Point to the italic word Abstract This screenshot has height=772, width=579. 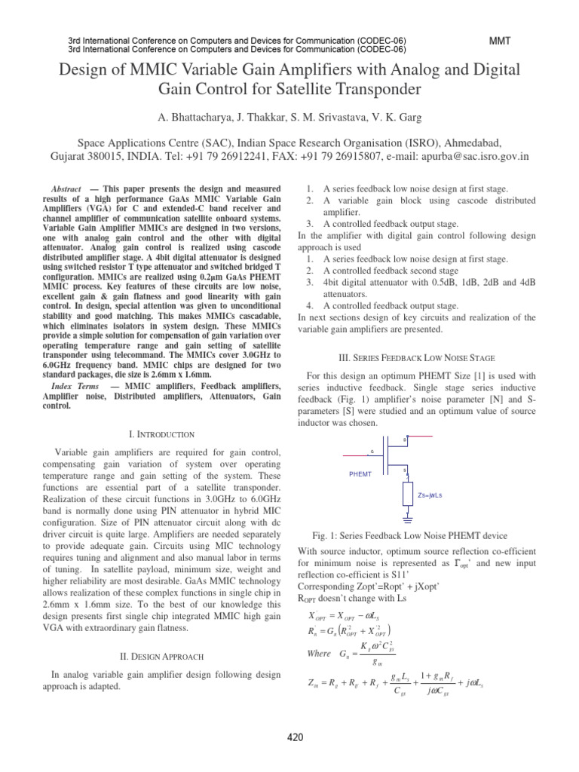click(x=65, y=188)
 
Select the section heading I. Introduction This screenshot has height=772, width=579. click(x=162, y=434)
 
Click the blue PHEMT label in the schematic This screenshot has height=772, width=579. click(x=360, y=474)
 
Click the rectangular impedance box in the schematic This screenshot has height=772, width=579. click(x=407, y=495)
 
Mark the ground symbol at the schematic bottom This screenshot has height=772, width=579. click(x=407, y=519)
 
